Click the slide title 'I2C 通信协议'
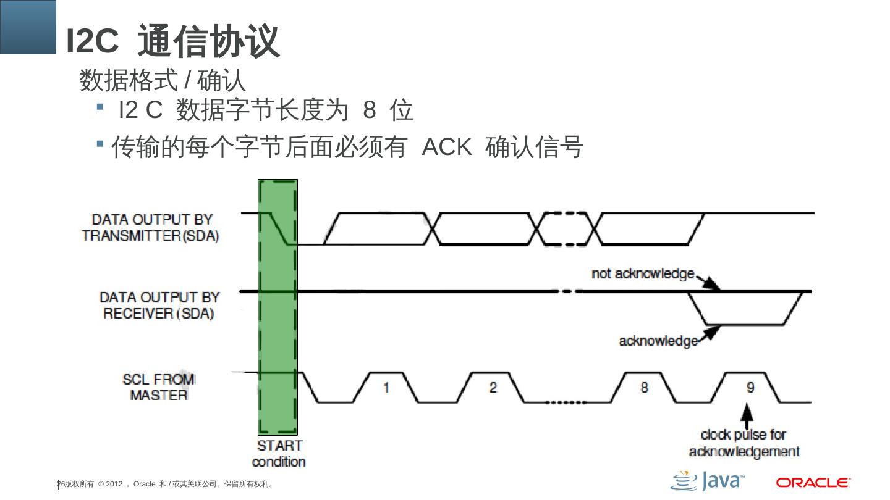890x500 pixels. [173, 41]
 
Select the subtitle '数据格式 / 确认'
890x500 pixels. [163, 81]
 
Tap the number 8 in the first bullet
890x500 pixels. [370, 110]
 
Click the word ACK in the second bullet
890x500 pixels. [447, 148]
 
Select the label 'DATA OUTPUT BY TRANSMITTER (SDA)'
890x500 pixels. [151, 227]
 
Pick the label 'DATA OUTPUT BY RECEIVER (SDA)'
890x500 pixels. [159, 305]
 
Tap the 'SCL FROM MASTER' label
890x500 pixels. [159, 386]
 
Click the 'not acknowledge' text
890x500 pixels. [643, 273]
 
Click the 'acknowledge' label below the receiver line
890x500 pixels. [658, 341]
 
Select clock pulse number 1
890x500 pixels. [386, 388]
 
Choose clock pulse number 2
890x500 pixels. [493, 388]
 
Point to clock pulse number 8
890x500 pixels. [644, 388]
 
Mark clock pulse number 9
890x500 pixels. [750, 388]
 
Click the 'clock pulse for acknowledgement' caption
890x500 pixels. [744, 443]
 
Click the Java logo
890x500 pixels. [707, 481]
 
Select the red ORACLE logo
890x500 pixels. [813, 482]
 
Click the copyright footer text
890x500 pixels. [166, 484]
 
